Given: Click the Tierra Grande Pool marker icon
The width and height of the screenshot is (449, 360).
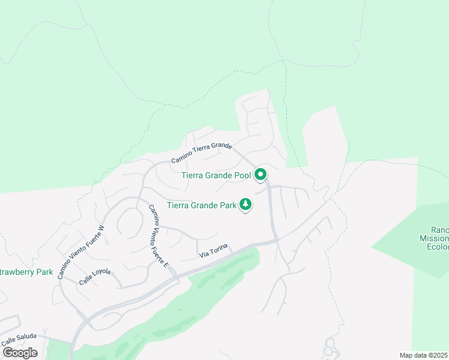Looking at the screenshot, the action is coord(261,175).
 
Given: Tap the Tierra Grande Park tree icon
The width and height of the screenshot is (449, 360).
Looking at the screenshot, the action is coord(245,205).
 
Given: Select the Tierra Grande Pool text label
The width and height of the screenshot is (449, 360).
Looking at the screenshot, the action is coord(215,175).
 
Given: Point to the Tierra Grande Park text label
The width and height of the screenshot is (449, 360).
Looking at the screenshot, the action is coord(201,206).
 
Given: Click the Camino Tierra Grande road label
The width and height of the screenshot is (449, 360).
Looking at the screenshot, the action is coord(201,152).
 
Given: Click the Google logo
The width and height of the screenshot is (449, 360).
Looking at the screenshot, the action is coord(20,352).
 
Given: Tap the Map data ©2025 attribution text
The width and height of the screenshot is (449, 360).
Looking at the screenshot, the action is coord(424,355).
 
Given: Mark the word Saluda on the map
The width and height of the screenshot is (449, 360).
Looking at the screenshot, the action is coord(25,336).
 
